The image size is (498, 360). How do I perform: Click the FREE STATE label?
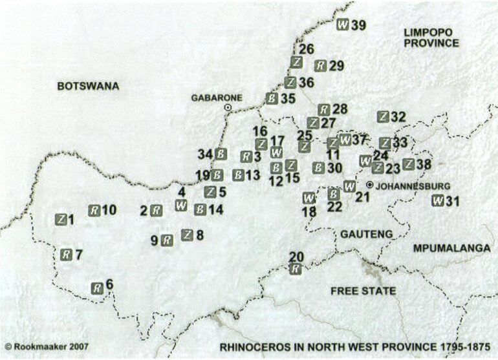(x=363, y=291)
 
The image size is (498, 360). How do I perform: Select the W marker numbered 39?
(x=343, y=25)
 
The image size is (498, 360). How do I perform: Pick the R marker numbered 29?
(x=320, y=65)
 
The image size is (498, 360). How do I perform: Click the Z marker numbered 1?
(x=61, y=219)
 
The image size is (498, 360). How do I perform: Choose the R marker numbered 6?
(x=96, y=288)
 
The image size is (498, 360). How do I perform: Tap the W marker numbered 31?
(x=438, y=200)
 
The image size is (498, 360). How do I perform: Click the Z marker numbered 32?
(x=384, y=117)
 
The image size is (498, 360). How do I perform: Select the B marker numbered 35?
(x=272, y=98)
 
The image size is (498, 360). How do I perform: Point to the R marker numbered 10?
(x=94, y=210)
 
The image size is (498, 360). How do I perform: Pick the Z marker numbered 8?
(x=188, y=235)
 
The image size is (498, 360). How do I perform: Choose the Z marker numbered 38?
(x=408, y=164)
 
